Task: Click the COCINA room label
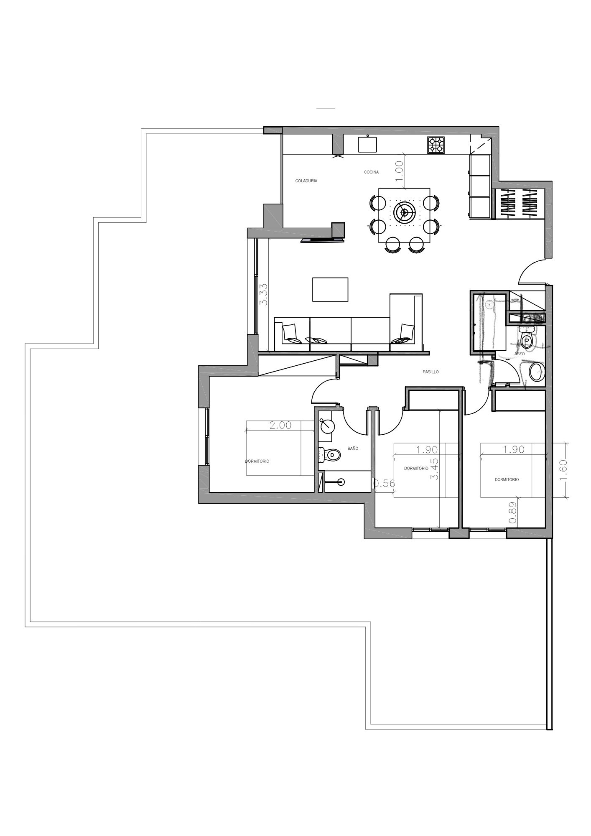tap(371, 172)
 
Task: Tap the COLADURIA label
tap(306, 181)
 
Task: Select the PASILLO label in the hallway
tap(430, 372)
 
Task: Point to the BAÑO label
tap(353, 449)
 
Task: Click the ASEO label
tap(520, 354)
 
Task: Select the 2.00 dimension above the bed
tap(280, 426)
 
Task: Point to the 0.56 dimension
tap(384, 484)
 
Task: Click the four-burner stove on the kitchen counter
tap(436, 145)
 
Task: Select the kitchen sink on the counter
tap(367, 144)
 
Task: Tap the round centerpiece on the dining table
tap(404, 213)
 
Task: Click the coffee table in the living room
tap(330, 289)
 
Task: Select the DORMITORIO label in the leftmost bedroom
tap(257, 461)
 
